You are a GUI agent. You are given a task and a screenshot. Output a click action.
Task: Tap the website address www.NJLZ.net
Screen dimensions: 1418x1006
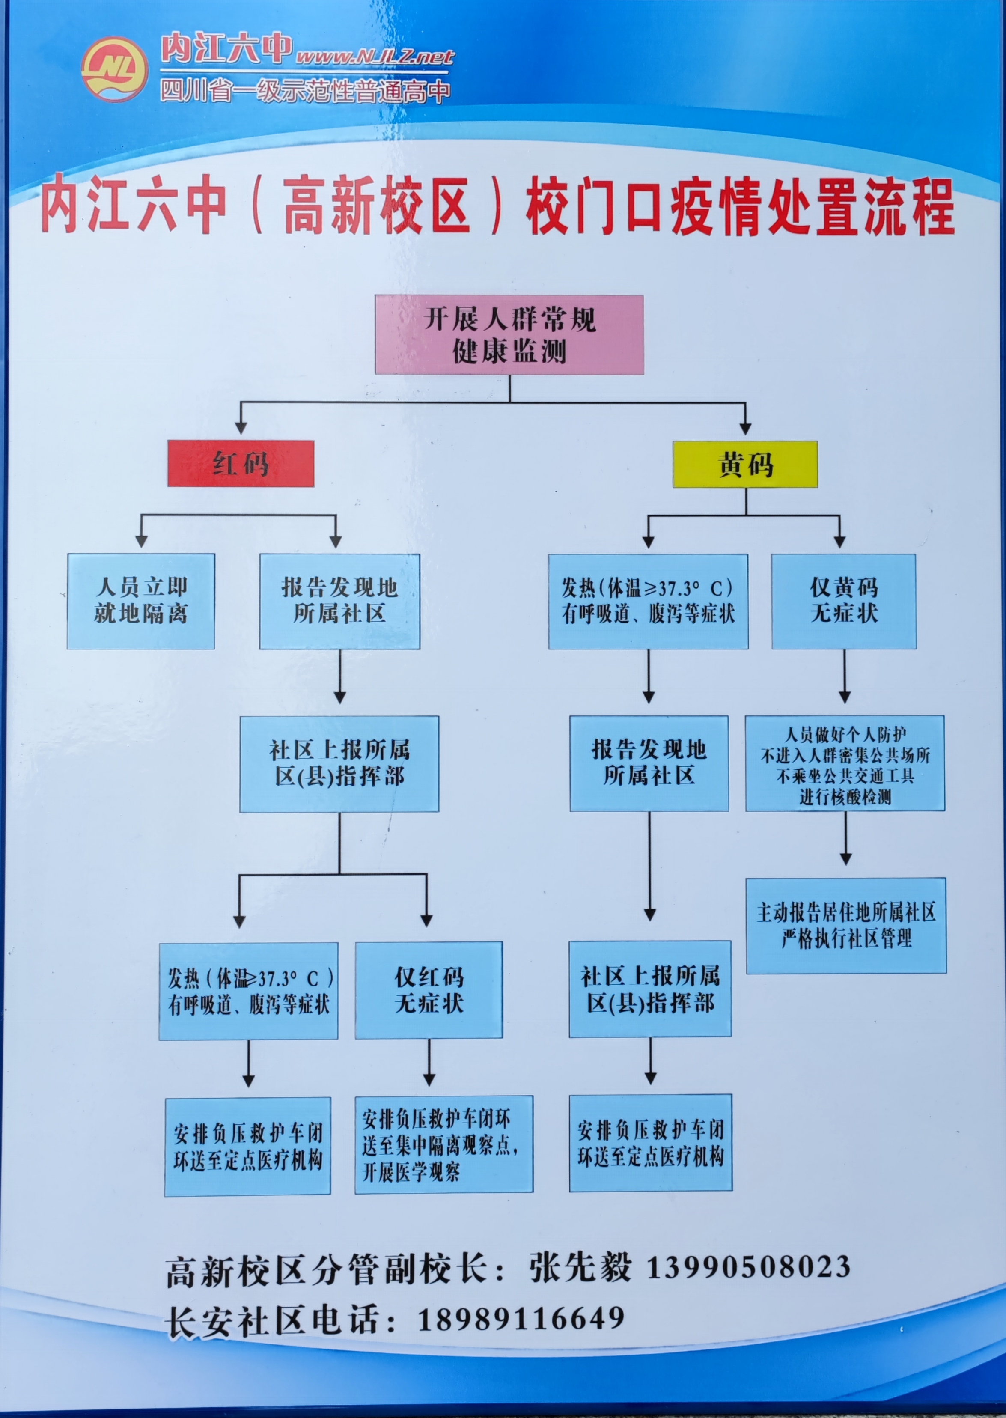click(375, 57)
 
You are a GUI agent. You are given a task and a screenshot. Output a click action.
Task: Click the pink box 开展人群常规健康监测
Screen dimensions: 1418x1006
click(509, 335)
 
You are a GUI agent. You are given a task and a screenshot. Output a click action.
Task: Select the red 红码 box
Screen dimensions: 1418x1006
click(241, 463)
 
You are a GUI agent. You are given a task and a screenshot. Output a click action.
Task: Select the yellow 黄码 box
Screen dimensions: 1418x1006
click(745, 464)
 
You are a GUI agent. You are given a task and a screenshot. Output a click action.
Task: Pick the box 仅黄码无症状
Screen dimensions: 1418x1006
click(844, 601)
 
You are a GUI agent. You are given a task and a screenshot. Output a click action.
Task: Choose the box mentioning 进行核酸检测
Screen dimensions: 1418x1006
click(845, 763)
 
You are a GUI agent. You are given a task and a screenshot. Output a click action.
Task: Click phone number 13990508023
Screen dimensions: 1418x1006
click(749, 1266)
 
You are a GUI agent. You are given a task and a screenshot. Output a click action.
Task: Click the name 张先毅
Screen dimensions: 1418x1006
click(580, 1267)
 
